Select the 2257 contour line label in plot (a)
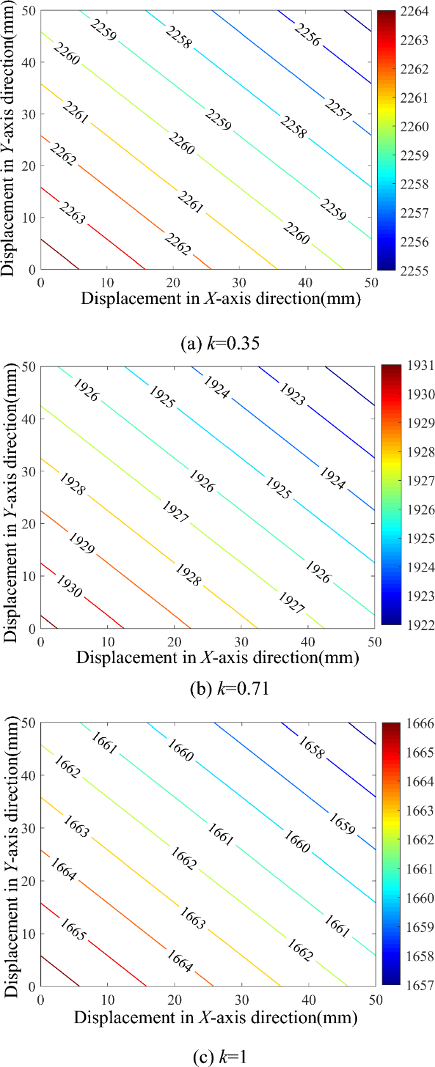337,108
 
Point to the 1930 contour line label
69,587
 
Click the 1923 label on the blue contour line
292,395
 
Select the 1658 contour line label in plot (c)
311,749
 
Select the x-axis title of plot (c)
215,1018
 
